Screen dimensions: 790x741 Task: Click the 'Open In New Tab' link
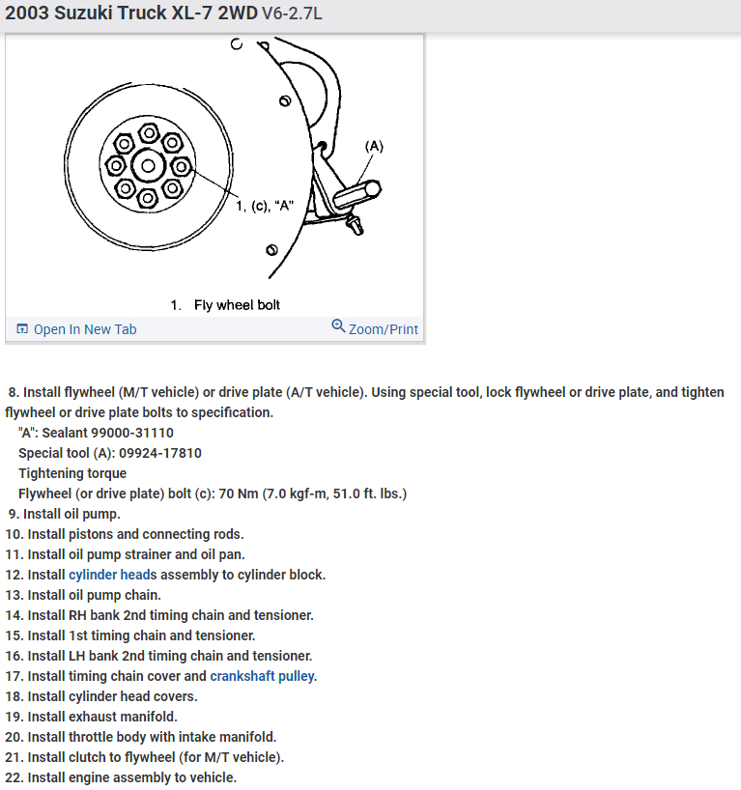[85, 329]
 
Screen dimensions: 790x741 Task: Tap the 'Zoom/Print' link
[384, 329]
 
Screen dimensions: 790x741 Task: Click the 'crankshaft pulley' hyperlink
[263, 676]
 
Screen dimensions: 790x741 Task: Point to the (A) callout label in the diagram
[374, 147]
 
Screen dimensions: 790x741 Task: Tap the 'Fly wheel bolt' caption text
[237, 305]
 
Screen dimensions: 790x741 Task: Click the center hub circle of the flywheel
[148, 165]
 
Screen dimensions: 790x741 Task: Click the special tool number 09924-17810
[158, 453]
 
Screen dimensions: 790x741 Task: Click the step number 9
[13, 514]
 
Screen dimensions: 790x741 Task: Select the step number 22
[13, 777]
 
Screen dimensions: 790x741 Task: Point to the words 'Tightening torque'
[72, 473]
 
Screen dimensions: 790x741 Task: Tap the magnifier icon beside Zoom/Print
[338, 326]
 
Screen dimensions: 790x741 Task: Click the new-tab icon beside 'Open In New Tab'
[23, 329]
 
